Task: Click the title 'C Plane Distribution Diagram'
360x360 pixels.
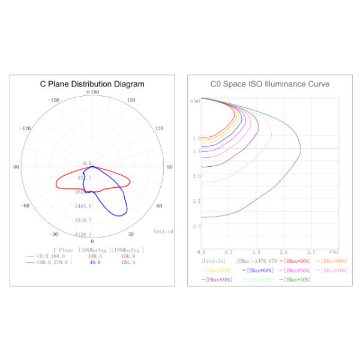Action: pyautogui.click(x=92, y=84)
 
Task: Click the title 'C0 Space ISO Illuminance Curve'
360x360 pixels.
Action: pyautogui.click(x=269, y=84)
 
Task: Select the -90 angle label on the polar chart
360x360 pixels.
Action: pyautogui.click(x=16, y=167)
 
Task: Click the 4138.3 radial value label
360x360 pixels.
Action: pyautogui.click(x=83, y=234)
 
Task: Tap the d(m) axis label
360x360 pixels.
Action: pyautogui.click(x=334, y=251)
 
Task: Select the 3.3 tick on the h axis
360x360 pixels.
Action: pyautogui.click(x=196, y=226)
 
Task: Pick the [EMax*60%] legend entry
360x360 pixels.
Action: pyautogui.click(x=259, y=270)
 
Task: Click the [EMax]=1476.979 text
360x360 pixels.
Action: pyautogui.click(x=257, y=260)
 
